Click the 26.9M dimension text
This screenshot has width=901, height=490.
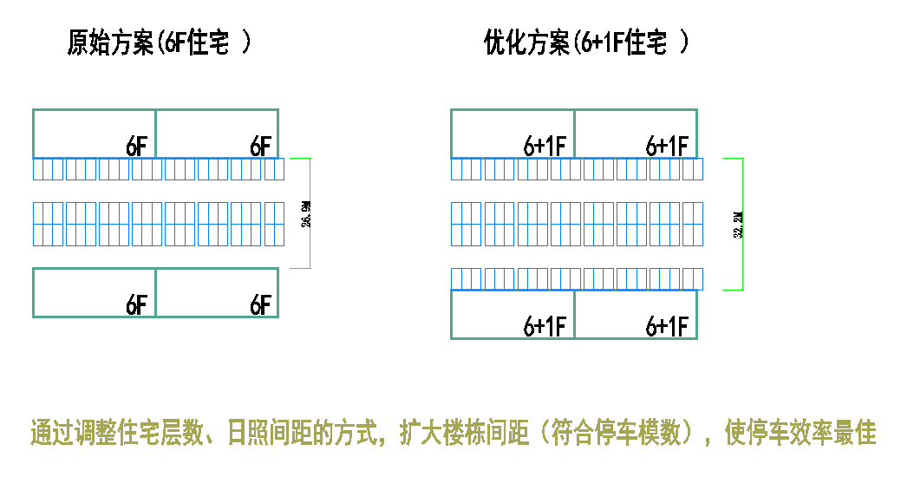(x=306, y=213)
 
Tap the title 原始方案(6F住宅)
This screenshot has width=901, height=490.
(x=160, y=42)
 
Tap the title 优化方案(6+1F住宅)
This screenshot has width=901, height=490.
(x=586, y=42)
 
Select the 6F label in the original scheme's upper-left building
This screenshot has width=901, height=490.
(x=137, y=147)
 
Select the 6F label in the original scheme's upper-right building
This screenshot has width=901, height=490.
(x=260, y=147)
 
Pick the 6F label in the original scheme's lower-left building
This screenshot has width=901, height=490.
(x=137, y=305)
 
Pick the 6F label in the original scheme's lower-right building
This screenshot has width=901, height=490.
(x=260, y=305)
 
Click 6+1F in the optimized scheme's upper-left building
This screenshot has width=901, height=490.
(x=545, y=147)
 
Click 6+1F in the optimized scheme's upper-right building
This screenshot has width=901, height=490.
(x=667, y=147)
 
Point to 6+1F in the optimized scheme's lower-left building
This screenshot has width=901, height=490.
(x=545, y=327)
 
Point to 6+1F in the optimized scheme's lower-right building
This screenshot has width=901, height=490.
(x=667, y=327)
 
